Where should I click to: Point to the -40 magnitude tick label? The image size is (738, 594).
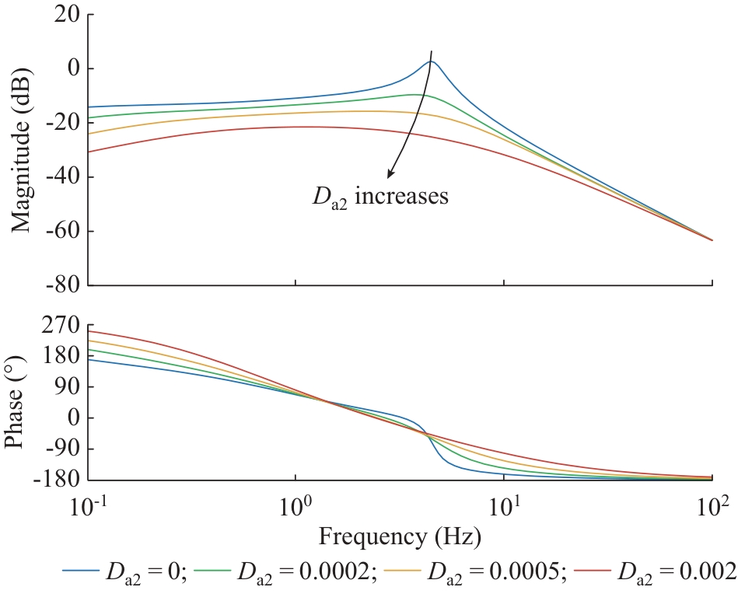tap(58, 177)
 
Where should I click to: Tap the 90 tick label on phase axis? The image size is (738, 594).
tap(61, 387)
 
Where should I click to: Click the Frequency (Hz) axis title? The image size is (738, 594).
tap(399, 536)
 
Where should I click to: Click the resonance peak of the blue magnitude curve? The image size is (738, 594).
tap(431, 61)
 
